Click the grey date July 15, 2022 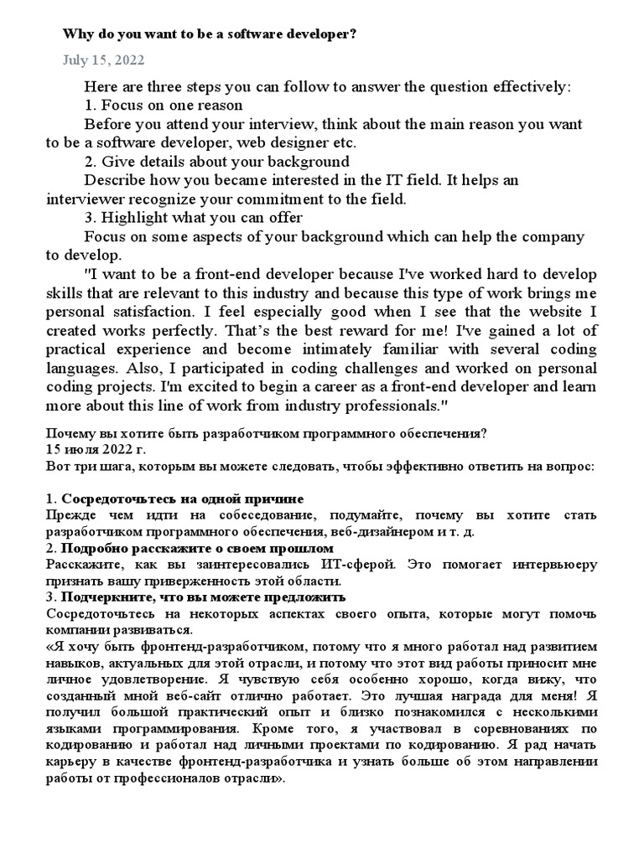[x=103, y=60]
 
